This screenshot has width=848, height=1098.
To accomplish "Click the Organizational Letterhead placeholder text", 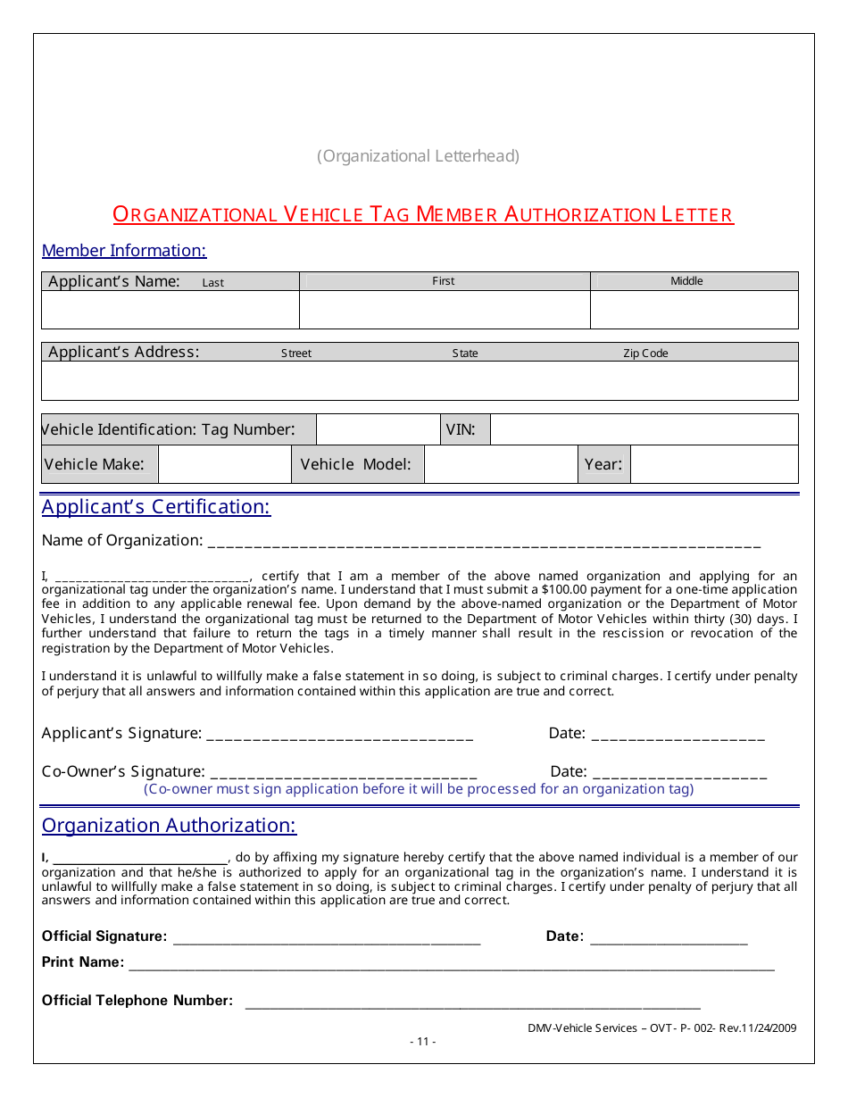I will coord(418,156).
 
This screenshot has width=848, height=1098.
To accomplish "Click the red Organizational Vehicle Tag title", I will coord(423,214).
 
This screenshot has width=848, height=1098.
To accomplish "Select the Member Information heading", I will coord(124,251).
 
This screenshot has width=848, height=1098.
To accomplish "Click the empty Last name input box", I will coord(170,310).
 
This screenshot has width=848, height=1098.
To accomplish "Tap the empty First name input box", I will coord(445,310).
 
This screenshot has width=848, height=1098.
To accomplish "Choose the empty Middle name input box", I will coord(694,310).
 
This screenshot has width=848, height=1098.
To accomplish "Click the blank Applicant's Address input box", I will coord(420,380).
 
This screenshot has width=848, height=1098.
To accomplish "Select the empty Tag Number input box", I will coord(378,429).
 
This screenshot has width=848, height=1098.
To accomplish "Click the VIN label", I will coord(461,429).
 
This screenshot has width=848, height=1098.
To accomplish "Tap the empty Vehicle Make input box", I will coord(225,464).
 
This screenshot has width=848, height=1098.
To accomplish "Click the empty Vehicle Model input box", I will coord(501,464).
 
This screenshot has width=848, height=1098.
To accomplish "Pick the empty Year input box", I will coord(714,464).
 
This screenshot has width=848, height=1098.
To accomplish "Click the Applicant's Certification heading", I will coord(156,507).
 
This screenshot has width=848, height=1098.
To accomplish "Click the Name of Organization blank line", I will coord(483,541).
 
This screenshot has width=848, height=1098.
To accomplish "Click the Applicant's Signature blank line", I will coord(339,735).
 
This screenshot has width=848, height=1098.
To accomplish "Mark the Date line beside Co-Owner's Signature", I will coord(679,772).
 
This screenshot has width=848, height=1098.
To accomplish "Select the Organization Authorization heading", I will coord(169,826).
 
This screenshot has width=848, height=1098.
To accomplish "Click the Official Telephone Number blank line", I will coord(472,1002).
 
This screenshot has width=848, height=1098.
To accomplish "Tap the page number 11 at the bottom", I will coord(423,1041).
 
